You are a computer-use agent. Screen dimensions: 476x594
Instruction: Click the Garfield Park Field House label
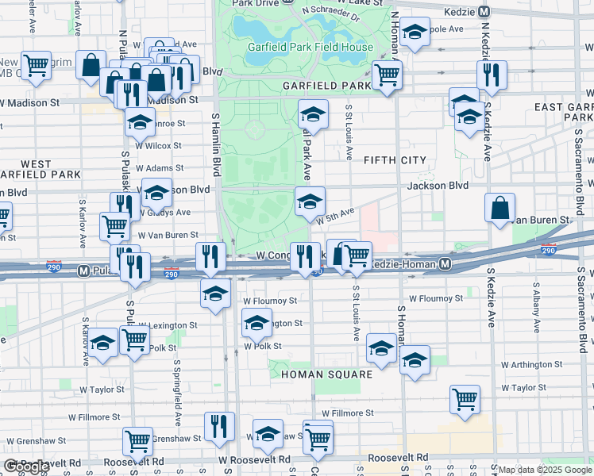310,47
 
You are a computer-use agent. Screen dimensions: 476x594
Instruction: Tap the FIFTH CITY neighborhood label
395,160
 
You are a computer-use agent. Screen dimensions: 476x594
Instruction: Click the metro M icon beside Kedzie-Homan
446,263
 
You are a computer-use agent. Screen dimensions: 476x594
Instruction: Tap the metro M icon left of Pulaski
83,271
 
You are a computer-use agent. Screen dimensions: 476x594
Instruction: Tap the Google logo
26,466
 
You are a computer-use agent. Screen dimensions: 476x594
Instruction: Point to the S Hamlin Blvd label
215,143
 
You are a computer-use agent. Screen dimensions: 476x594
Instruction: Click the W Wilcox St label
160,146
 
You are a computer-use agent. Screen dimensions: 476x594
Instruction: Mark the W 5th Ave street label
334,216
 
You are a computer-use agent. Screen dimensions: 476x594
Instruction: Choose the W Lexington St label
172,325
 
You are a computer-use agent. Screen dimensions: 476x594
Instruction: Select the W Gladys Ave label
165,213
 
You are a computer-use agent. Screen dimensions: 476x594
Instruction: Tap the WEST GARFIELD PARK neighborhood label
36,168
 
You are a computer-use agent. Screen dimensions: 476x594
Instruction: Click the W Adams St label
159,168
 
